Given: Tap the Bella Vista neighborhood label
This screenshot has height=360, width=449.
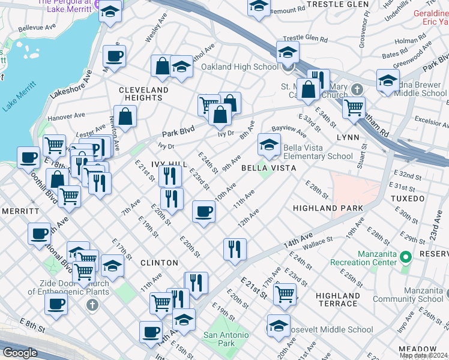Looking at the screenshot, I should (x=268, y=168).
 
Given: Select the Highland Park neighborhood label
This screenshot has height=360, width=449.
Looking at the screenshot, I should (x=328, y=208).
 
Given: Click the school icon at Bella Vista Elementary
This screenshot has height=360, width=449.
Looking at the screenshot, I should (x=269, y=145).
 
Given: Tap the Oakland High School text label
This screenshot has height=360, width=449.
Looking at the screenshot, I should (x=240, y=67).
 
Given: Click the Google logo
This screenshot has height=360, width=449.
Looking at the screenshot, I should (x=20, y=353).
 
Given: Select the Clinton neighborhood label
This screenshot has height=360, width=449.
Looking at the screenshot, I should (x=159, y=263).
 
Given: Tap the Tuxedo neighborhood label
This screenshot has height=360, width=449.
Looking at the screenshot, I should (x=408, y=198).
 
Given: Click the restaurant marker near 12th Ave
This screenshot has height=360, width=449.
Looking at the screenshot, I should (x=235, y=248).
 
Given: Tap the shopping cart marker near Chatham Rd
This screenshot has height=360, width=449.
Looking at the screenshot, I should (x=354, y=108).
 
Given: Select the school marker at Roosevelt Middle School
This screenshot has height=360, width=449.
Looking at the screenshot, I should (x=279, y=326).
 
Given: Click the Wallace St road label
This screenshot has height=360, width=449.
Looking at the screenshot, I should (x=317, y=241).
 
